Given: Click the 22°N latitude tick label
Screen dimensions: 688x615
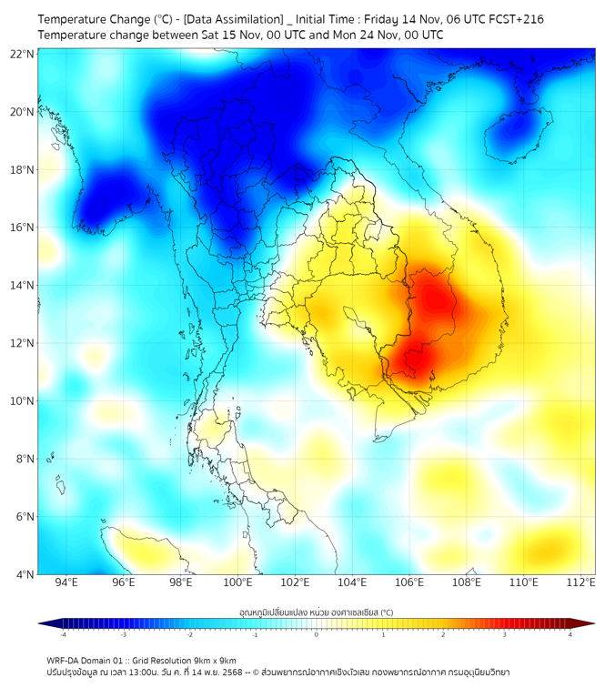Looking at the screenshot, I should point(22,55).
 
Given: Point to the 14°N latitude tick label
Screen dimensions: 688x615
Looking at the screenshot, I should point(22,286).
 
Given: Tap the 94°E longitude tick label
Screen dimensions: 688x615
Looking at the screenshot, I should point(66,582).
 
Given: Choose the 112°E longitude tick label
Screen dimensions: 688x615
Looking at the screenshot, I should point(580,582).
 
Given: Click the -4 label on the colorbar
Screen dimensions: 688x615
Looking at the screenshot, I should point(62,634).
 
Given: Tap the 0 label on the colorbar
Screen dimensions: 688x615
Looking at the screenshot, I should point(317,634).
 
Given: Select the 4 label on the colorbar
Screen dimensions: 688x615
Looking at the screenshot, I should point(570,634).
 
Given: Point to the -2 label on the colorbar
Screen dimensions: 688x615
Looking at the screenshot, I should point(189,634).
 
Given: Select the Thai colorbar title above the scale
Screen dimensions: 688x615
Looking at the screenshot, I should point(316,612).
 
